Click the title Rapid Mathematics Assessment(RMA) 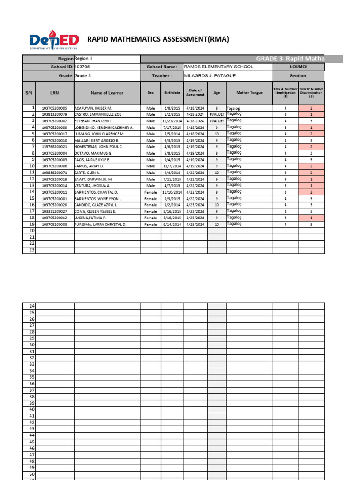click(x=158, y=39)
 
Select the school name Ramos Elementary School click(x=218, y=67)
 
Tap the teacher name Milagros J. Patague click(x=210, y=76)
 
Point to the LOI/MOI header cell click(x=298, y=67)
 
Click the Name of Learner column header click(x=107, y=93)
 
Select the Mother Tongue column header click(x=249, y=93)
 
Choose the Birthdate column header click(x=172, y=93)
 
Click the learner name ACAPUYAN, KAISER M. click(x=93, y=108)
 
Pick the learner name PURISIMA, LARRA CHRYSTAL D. click(x=100, y=225)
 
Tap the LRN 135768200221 click(x=54, y=147)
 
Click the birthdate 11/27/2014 click(x=172, y=121)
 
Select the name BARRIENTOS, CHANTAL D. click(x=96, y=192)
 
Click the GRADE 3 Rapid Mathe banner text click(x=290, y=59)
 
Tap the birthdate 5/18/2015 click(x=172, y=218)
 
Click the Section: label click(x=298, y=76)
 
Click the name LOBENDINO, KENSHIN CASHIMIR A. click(x=104, y=127)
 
